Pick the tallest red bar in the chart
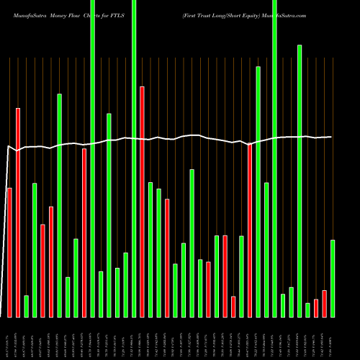pyautogui.click(x=143, y=202)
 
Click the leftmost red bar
pyautogui.click(x=9, y=252)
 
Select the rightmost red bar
pyautogui.click(x=324, y=303)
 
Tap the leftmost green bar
pyautogui.click(x=26, y=306)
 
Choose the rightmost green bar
pyautogui.click(x=333, y=278)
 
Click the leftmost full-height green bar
pyautogui.click(x=93, y=158)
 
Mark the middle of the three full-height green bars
pyautogui.click(x=134, y=158)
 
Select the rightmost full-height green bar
pyautogui.click(x=274, y=158)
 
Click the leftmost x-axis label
pyautogui.click(x=9, y=338)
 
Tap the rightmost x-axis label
pyautogui.click(x=333, y=338)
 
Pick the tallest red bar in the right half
pyautogui.click(x=250, y=230)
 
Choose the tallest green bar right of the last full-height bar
pyautogui.click(x=300, y=181)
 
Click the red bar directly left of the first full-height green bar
pyautogui.click(x=84, y=233)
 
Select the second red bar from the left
pyautogui.click(x=18, y=212)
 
